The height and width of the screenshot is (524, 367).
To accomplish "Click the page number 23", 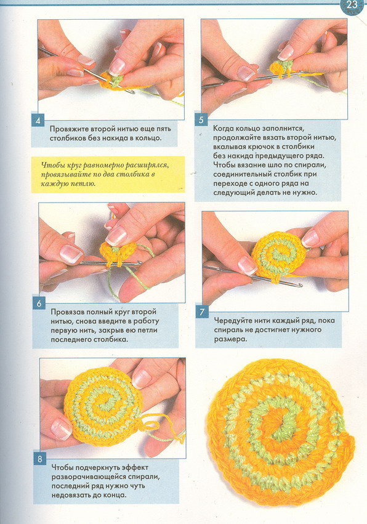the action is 352,5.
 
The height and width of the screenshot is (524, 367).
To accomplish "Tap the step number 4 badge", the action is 38,120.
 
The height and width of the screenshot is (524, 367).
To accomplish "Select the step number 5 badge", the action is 201,119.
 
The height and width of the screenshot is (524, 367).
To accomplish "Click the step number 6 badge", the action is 39,303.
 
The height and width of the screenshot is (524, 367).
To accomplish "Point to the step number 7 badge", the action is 202,312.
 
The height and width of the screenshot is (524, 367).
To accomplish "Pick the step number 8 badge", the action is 40,459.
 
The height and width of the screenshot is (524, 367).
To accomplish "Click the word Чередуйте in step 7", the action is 232,320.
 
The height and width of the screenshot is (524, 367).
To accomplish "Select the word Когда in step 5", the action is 224,128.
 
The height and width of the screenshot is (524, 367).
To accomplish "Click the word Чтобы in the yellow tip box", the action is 52,165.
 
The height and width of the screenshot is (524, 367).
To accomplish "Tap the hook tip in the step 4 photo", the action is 132,92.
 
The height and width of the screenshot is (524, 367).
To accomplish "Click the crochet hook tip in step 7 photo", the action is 300,285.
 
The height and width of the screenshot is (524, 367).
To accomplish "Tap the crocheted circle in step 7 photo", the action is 279,256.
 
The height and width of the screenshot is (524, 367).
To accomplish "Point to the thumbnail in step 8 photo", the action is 61,429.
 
